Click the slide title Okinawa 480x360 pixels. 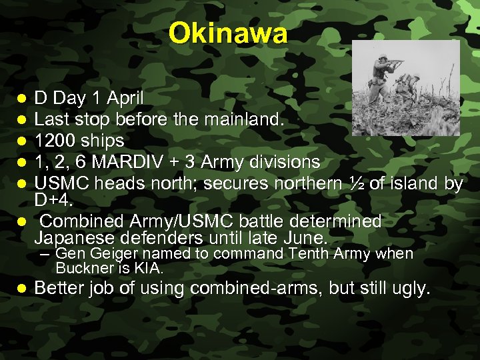pos(228,33)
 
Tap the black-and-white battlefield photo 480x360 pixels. pos(405,88)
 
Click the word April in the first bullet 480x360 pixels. pos(125,99)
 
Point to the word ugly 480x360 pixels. pos(411,289)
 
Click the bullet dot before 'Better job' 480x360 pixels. pos(21,289)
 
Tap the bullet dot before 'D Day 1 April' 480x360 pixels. pos(21,99)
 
